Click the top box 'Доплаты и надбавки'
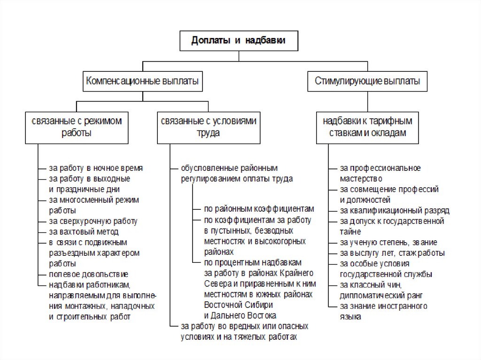(x=239, y=41)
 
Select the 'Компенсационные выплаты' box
(x=142, y=82)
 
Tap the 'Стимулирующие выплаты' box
(x=367, y=82)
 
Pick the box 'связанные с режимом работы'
(x=77, y=127)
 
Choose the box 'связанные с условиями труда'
(x=208, y=127)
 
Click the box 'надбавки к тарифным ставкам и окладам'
(x=367, y=127)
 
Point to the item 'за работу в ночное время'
(x=96, y=168)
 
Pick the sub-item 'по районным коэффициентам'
(x=258, y=209)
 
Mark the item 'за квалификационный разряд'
(x=395, y=210)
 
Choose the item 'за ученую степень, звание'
(x=388, y=243)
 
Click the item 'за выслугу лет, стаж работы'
(x=392, y=253)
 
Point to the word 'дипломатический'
(x=369, y=296)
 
